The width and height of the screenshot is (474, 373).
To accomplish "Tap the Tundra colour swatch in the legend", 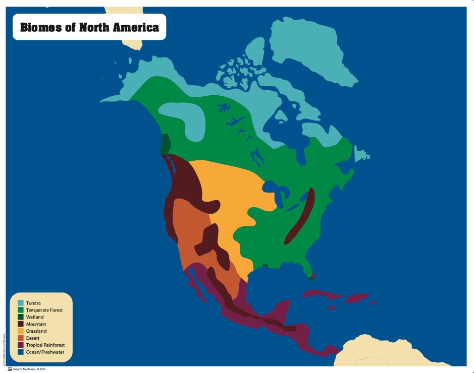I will (x=21, y=303).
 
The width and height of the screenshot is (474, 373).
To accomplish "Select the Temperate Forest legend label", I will (x=44, y=310).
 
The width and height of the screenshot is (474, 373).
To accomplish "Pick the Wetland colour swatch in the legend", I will (x=21, y=317).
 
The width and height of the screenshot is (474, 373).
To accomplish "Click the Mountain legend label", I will (x=36, y=324).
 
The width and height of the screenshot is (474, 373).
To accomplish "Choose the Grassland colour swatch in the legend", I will (x=21, y=331).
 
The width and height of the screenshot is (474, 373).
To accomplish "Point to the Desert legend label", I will (x=33, y=338).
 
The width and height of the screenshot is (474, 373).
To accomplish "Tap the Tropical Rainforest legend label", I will (x=45, y=345).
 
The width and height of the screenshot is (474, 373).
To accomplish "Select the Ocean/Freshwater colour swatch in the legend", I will (x=21, y=352).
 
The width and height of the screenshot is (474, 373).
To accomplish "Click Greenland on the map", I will (x=308, y=50).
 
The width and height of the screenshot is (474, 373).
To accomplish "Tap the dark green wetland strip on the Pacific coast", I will (x=165, y=144).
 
